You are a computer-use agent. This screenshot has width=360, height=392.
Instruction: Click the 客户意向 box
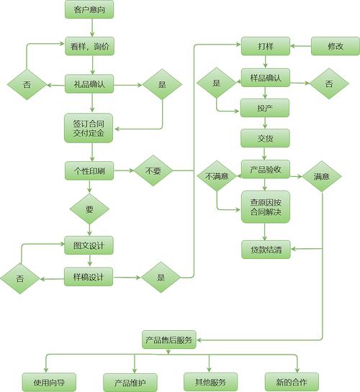[x=89, y=9]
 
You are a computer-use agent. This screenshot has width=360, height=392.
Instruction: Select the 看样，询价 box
[x=89, y=46]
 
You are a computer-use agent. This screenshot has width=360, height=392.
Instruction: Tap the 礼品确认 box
[x=89, y=84]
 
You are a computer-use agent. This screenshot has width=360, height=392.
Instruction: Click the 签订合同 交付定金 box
[x=89, y=128]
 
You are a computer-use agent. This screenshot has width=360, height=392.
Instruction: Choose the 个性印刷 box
[x=89, y=170]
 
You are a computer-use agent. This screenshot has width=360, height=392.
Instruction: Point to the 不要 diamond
[x=153, y=170]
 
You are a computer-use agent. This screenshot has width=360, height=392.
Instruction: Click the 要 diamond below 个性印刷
[x=89, y=209]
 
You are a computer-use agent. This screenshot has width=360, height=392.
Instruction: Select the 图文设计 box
[x=89, y=245]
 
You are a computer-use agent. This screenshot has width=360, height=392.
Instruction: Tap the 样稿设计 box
[x=89, y=277]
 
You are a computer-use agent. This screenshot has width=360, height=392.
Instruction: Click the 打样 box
[x=266, y=46]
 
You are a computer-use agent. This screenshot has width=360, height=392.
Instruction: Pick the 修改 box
[x=336, y=46]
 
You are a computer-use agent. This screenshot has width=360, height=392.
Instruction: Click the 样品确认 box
[x=266, y=78]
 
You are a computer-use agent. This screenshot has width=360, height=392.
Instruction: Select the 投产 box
[x=265, y=108]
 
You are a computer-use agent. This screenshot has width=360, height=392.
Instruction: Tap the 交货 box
[x=265, y=138]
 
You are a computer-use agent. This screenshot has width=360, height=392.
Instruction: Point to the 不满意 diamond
[x=217, y=176]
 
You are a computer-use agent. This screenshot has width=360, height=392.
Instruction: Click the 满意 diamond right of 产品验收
[x=322, y=176]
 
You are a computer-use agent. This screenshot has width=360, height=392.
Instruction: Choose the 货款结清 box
[x=266, y=250]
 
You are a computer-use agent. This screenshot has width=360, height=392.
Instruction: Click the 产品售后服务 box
[x=169, y=339]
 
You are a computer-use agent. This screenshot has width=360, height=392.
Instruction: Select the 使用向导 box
[x=49, y=382]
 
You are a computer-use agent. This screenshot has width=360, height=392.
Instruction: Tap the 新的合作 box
[x=292, y=382]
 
